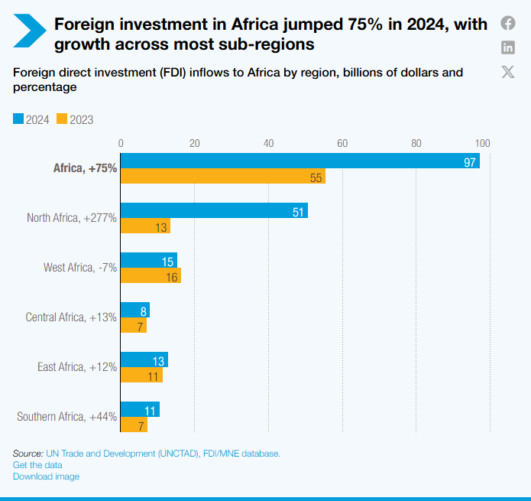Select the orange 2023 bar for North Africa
tap(145, 226)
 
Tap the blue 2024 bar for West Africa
tap(148, 261)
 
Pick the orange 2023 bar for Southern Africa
tap(134, 425)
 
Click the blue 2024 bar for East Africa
tap(144, 360)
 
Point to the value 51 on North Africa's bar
tap(299, 211)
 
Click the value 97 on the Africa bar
tap(470, 161)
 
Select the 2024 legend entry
tap(31, 119)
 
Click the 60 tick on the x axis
tap(342, 142)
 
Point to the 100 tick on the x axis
tap(482, 142)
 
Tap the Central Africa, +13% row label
tap(71, 317)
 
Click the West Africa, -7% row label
tap(80, 268)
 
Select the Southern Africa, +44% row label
tap(66, 417)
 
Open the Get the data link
tap(37, 465)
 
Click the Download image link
tap(46, 477)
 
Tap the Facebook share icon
tap(508, 23)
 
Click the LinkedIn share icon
tap(508, 47)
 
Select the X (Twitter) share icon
tap(508, 72)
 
